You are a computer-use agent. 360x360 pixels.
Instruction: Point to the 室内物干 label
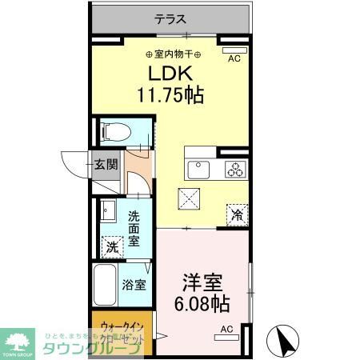click(174, 54)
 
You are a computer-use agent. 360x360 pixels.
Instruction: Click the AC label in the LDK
click(234, 59)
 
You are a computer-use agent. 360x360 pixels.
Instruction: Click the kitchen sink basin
click(196, 169)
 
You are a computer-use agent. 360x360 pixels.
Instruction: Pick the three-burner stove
click(235, 169)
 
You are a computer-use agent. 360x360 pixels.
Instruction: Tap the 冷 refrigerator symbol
click(237, 213)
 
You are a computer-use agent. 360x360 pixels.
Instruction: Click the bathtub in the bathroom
click(106, 285)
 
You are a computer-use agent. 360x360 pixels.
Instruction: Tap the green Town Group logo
click(19, 342)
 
